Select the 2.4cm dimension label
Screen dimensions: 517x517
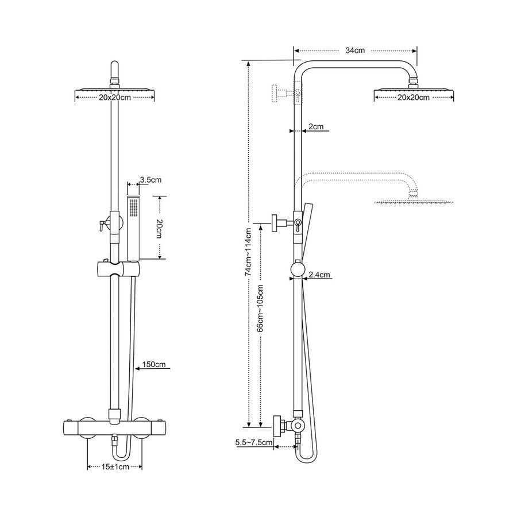(x=319, y=275)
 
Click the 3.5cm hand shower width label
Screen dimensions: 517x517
(x=151, y=180)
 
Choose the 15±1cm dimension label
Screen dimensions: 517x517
(x=114, y=468)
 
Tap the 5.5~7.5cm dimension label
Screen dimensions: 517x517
(x=253, y=443)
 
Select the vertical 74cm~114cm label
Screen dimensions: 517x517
(x=248, y=252)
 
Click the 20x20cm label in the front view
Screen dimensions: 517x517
(x=115, y=98)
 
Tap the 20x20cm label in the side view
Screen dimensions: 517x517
(x=414, y=98)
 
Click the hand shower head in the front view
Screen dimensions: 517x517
(x=134, y=224)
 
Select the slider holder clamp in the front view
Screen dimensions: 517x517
(x=118, y=268)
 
